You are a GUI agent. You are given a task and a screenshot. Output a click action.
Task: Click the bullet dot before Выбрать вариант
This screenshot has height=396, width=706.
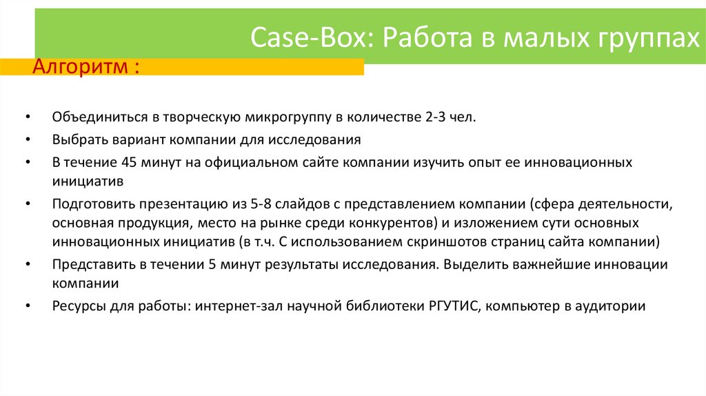(26, 140)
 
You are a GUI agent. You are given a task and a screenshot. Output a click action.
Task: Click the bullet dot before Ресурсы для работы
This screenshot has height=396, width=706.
(26, 307)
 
